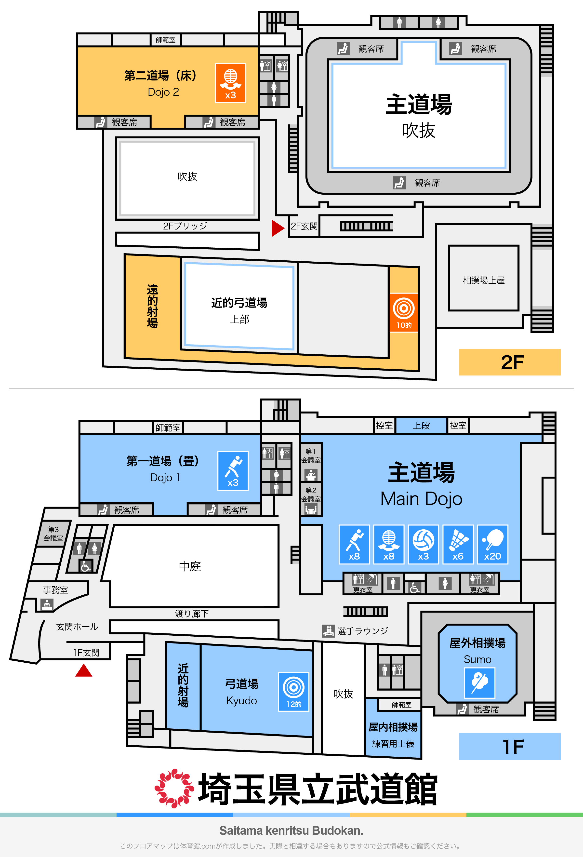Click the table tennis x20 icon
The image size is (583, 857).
493,544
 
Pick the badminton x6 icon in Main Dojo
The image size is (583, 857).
458,544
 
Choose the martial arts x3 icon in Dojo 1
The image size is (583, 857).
233,471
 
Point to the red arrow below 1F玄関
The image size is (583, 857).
84,670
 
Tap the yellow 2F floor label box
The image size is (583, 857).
510,362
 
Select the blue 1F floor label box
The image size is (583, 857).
510,746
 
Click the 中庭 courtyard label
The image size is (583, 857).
190,566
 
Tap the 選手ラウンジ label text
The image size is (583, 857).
362,631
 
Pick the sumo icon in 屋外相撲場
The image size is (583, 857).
479,683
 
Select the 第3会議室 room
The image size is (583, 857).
53,534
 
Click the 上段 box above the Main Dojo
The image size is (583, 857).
421,426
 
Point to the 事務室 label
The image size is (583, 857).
56,590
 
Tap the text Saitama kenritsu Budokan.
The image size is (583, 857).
291,830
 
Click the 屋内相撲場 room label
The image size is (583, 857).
393,727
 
